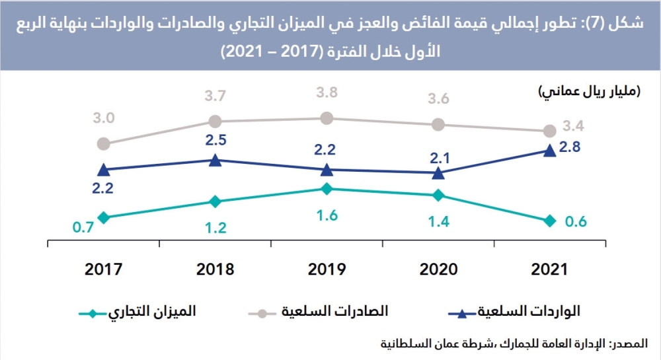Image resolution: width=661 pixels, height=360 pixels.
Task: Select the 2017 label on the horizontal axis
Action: (x=103, y=269)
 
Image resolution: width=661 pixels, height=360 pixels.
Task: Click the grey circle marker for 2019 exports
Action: (x=327, y=118)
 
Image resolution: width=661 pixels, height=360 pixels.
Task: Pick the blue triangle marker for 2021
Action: (x=550, y=151)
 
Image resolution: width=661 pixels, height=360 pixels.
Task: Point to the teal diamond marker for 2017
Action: (x=103, y=217)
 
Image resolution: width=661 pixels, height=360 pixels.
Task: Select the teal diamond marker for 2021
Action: (x=550, y=221)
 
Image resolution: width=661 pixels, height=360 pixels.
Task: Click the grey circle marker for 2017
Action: (x=103, y=143)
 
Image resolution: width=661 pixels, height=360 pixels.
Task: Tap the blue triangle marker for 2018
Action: (x=215, y=160)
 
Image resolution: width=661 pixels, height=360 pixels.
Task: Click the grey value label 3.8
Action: (x=327, y=92)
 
